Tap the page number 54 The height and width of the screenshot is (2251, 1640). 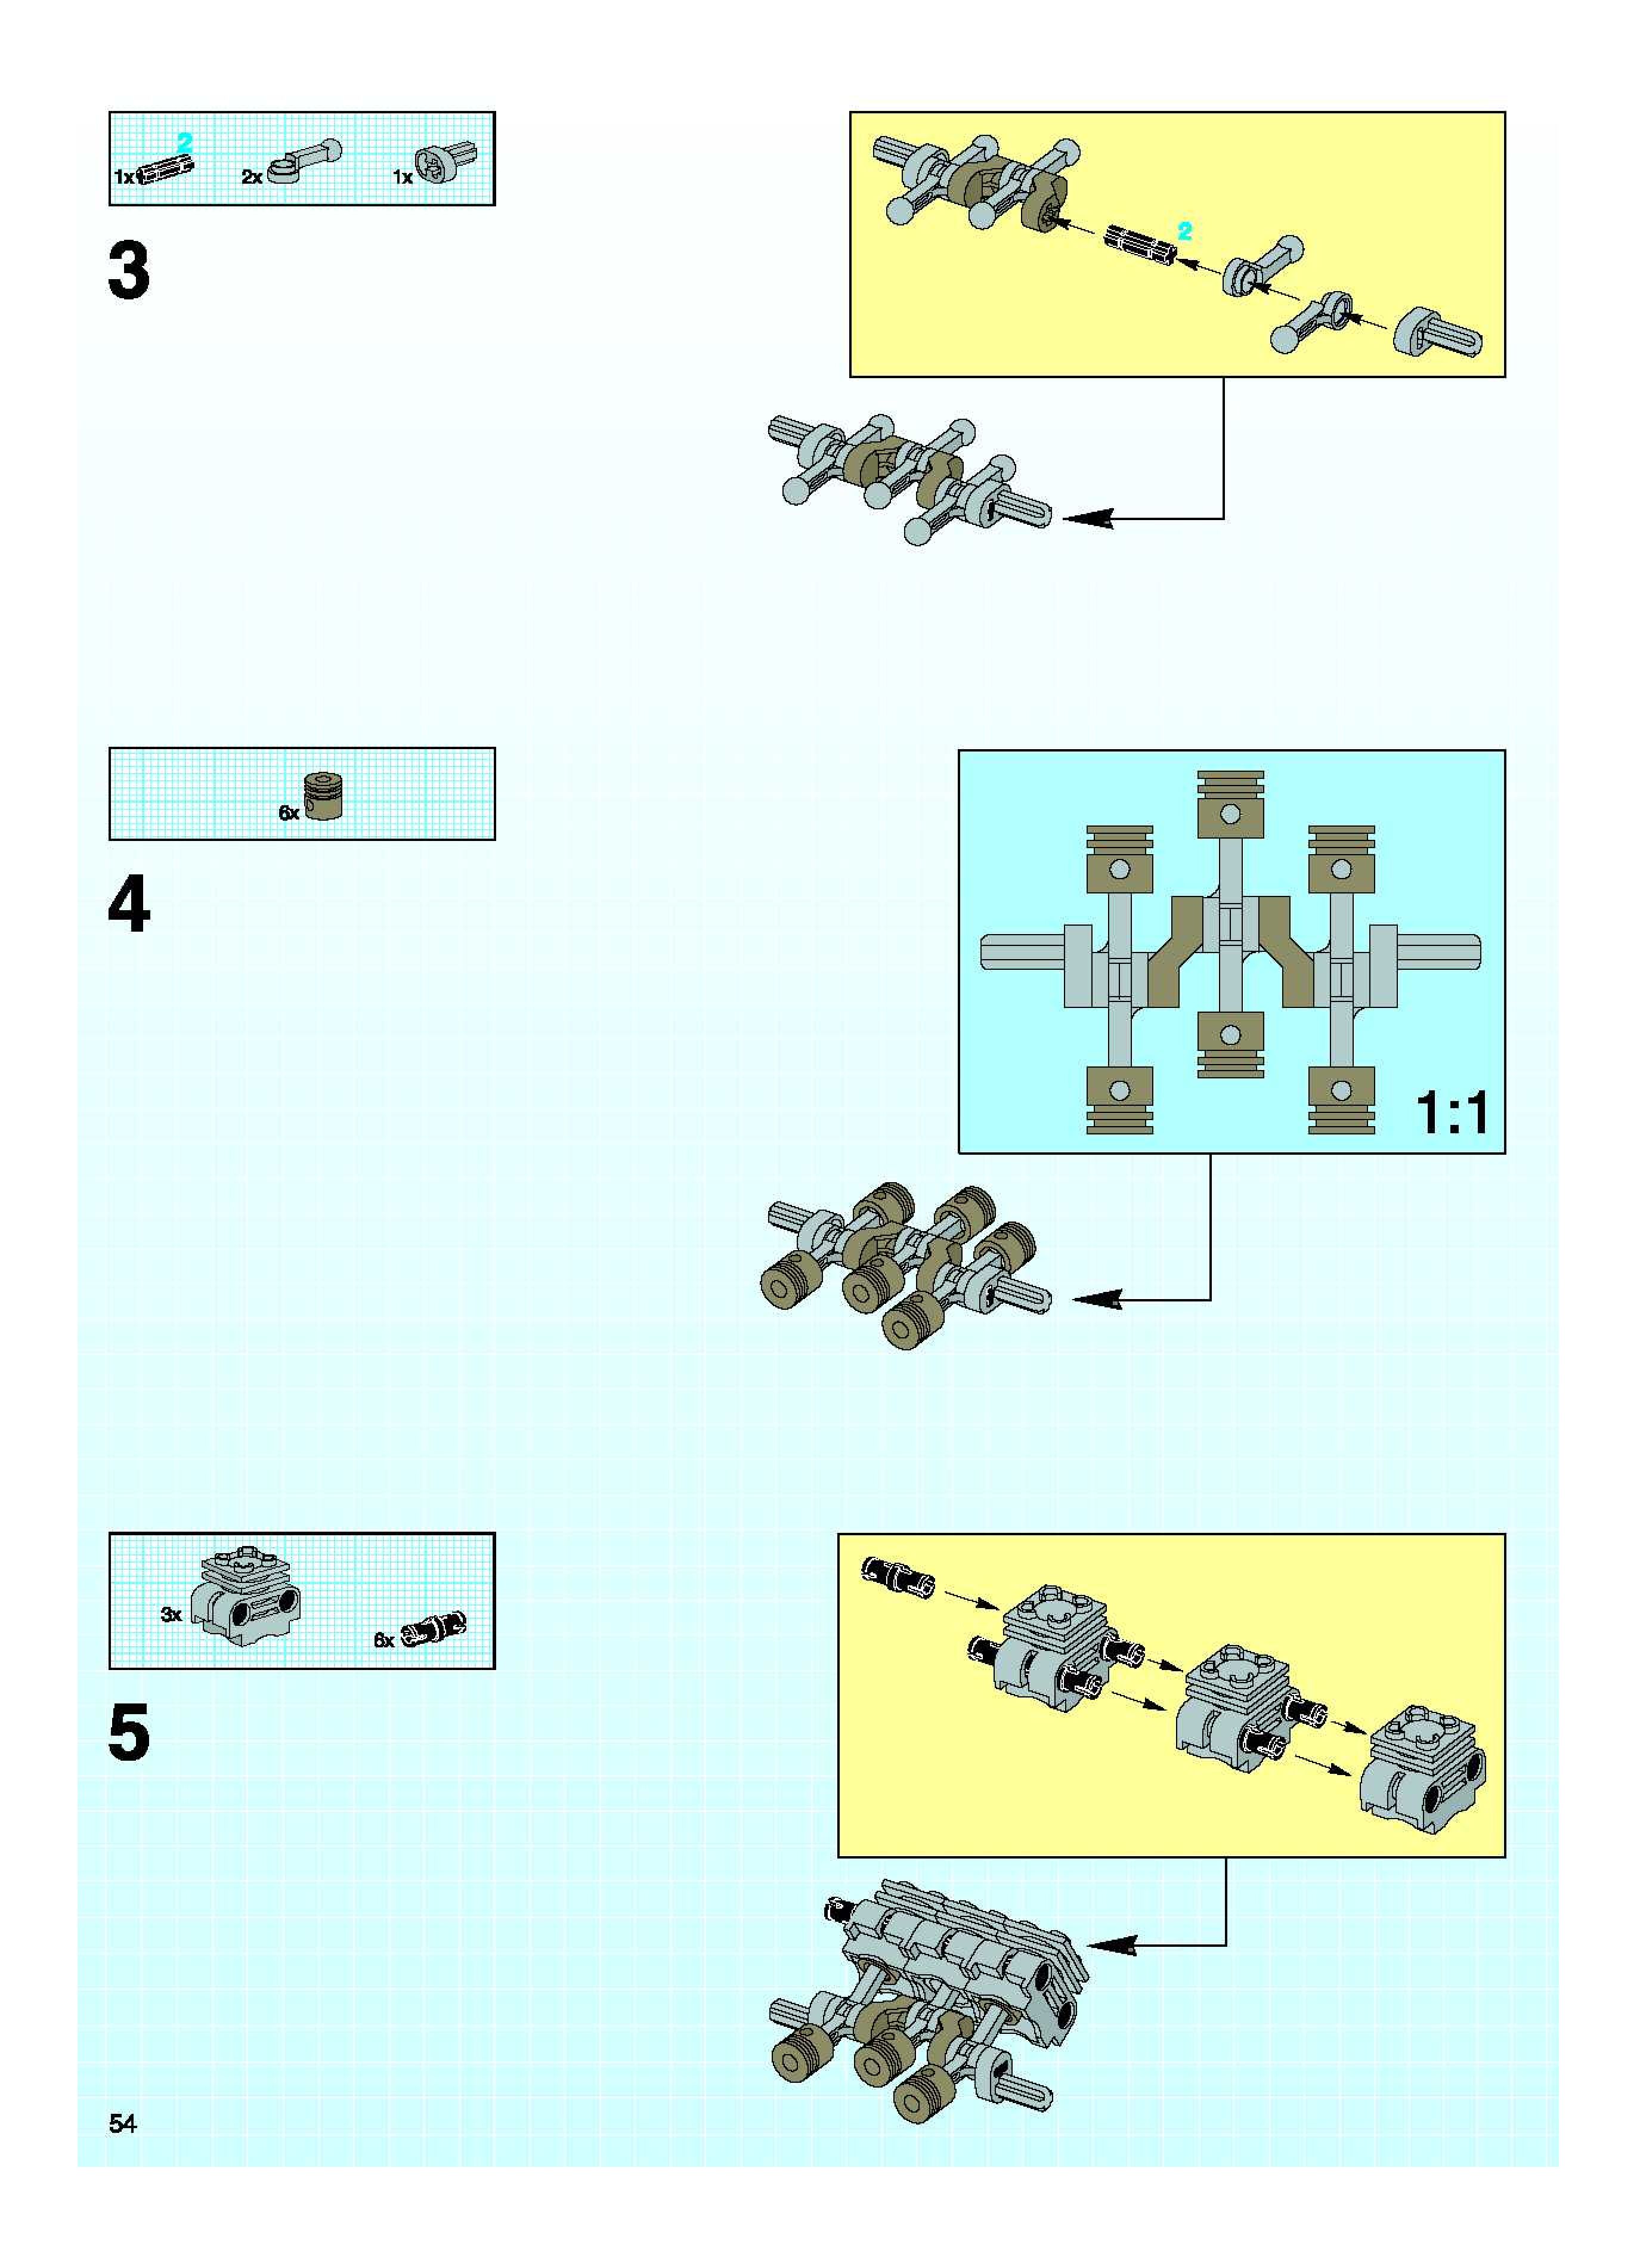(123, 2123)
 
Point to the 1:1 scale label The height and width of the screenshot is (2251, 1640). (1452, 1113)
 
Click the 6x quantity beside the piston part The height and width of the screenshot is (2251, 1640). (288, 813)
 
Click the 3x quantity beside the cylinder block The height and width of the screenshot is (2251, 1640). (171, 1615)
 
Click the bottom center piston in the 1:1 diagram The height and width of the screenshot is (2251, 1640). (1230, 1044)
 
